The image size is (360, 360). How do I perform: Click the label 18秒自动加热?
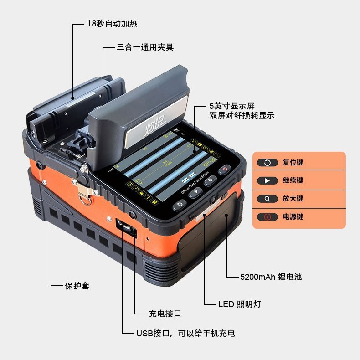(x=112, y=23)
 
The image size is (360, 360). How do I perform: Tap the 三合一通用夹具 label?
(x=145, y=47)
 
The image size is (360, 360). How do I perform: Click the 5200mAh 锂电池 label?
(x=271, y=277)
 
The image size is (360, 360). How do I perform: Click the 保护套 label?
(x=77, y=286)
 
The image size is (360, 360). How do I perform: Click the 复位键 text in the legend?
(x=293, y=162)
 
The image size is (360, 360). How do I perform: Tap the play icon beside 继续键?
(x=267, y=181)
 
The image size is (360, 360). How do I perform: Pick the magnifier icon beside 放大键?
(x=267, y=199)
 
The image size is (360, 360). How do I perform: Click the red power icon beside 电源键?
(x=267, y=217)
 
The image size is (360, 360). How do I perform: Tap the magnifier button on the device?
(x=210, y=181)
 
